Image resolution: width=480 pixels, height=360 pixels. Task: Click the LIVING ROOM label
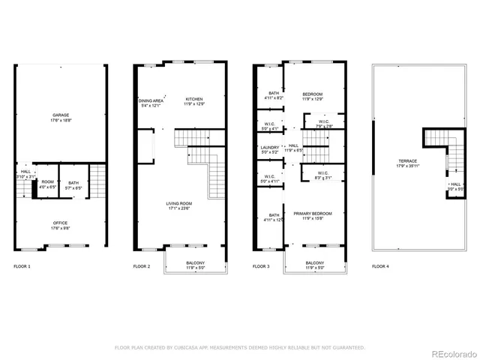point(179,205)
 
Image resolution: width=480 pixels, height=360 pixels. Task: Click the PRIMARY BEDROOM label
point(313,215)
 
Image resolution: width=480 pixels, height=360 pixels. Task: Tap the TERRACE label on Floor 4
point(408,163)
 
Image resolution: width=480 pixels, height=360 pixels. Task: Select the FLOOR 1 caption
point(22,267)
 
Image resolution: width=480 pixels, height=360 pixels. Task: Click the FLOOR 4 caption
point(381,267)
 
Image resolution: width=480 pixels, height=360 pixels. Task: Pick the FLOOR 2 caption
point(142,267)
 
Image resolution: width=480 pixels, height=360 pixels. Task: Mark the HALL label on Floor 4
point(455,184)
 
